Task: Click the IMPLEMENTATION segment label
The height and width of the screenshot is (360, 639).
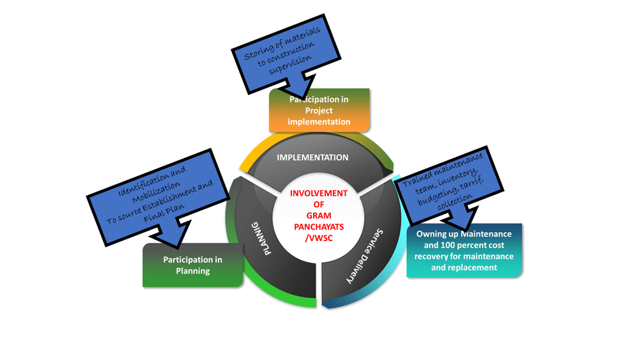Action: tap(312, 157)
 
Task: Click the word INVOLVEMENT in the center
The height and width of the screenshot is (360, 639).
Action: tap(318, 193)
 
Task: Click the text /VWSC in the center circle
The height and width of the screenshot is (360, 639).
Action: tap(318, 238)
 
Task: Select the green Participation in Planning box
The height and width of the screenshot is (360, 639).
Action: tap(192, 265)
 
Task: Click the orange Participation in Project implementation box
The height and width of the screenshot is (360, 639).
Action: tap(319, 111)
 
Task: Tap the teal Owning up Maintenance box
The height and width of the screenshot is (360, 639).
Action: tap(464, 251)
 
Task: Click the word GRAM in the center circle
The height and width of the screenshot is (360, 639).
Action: tap(318, 215)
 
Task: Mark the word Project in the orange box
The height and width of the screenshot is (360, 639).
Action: tap(319, 111)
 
